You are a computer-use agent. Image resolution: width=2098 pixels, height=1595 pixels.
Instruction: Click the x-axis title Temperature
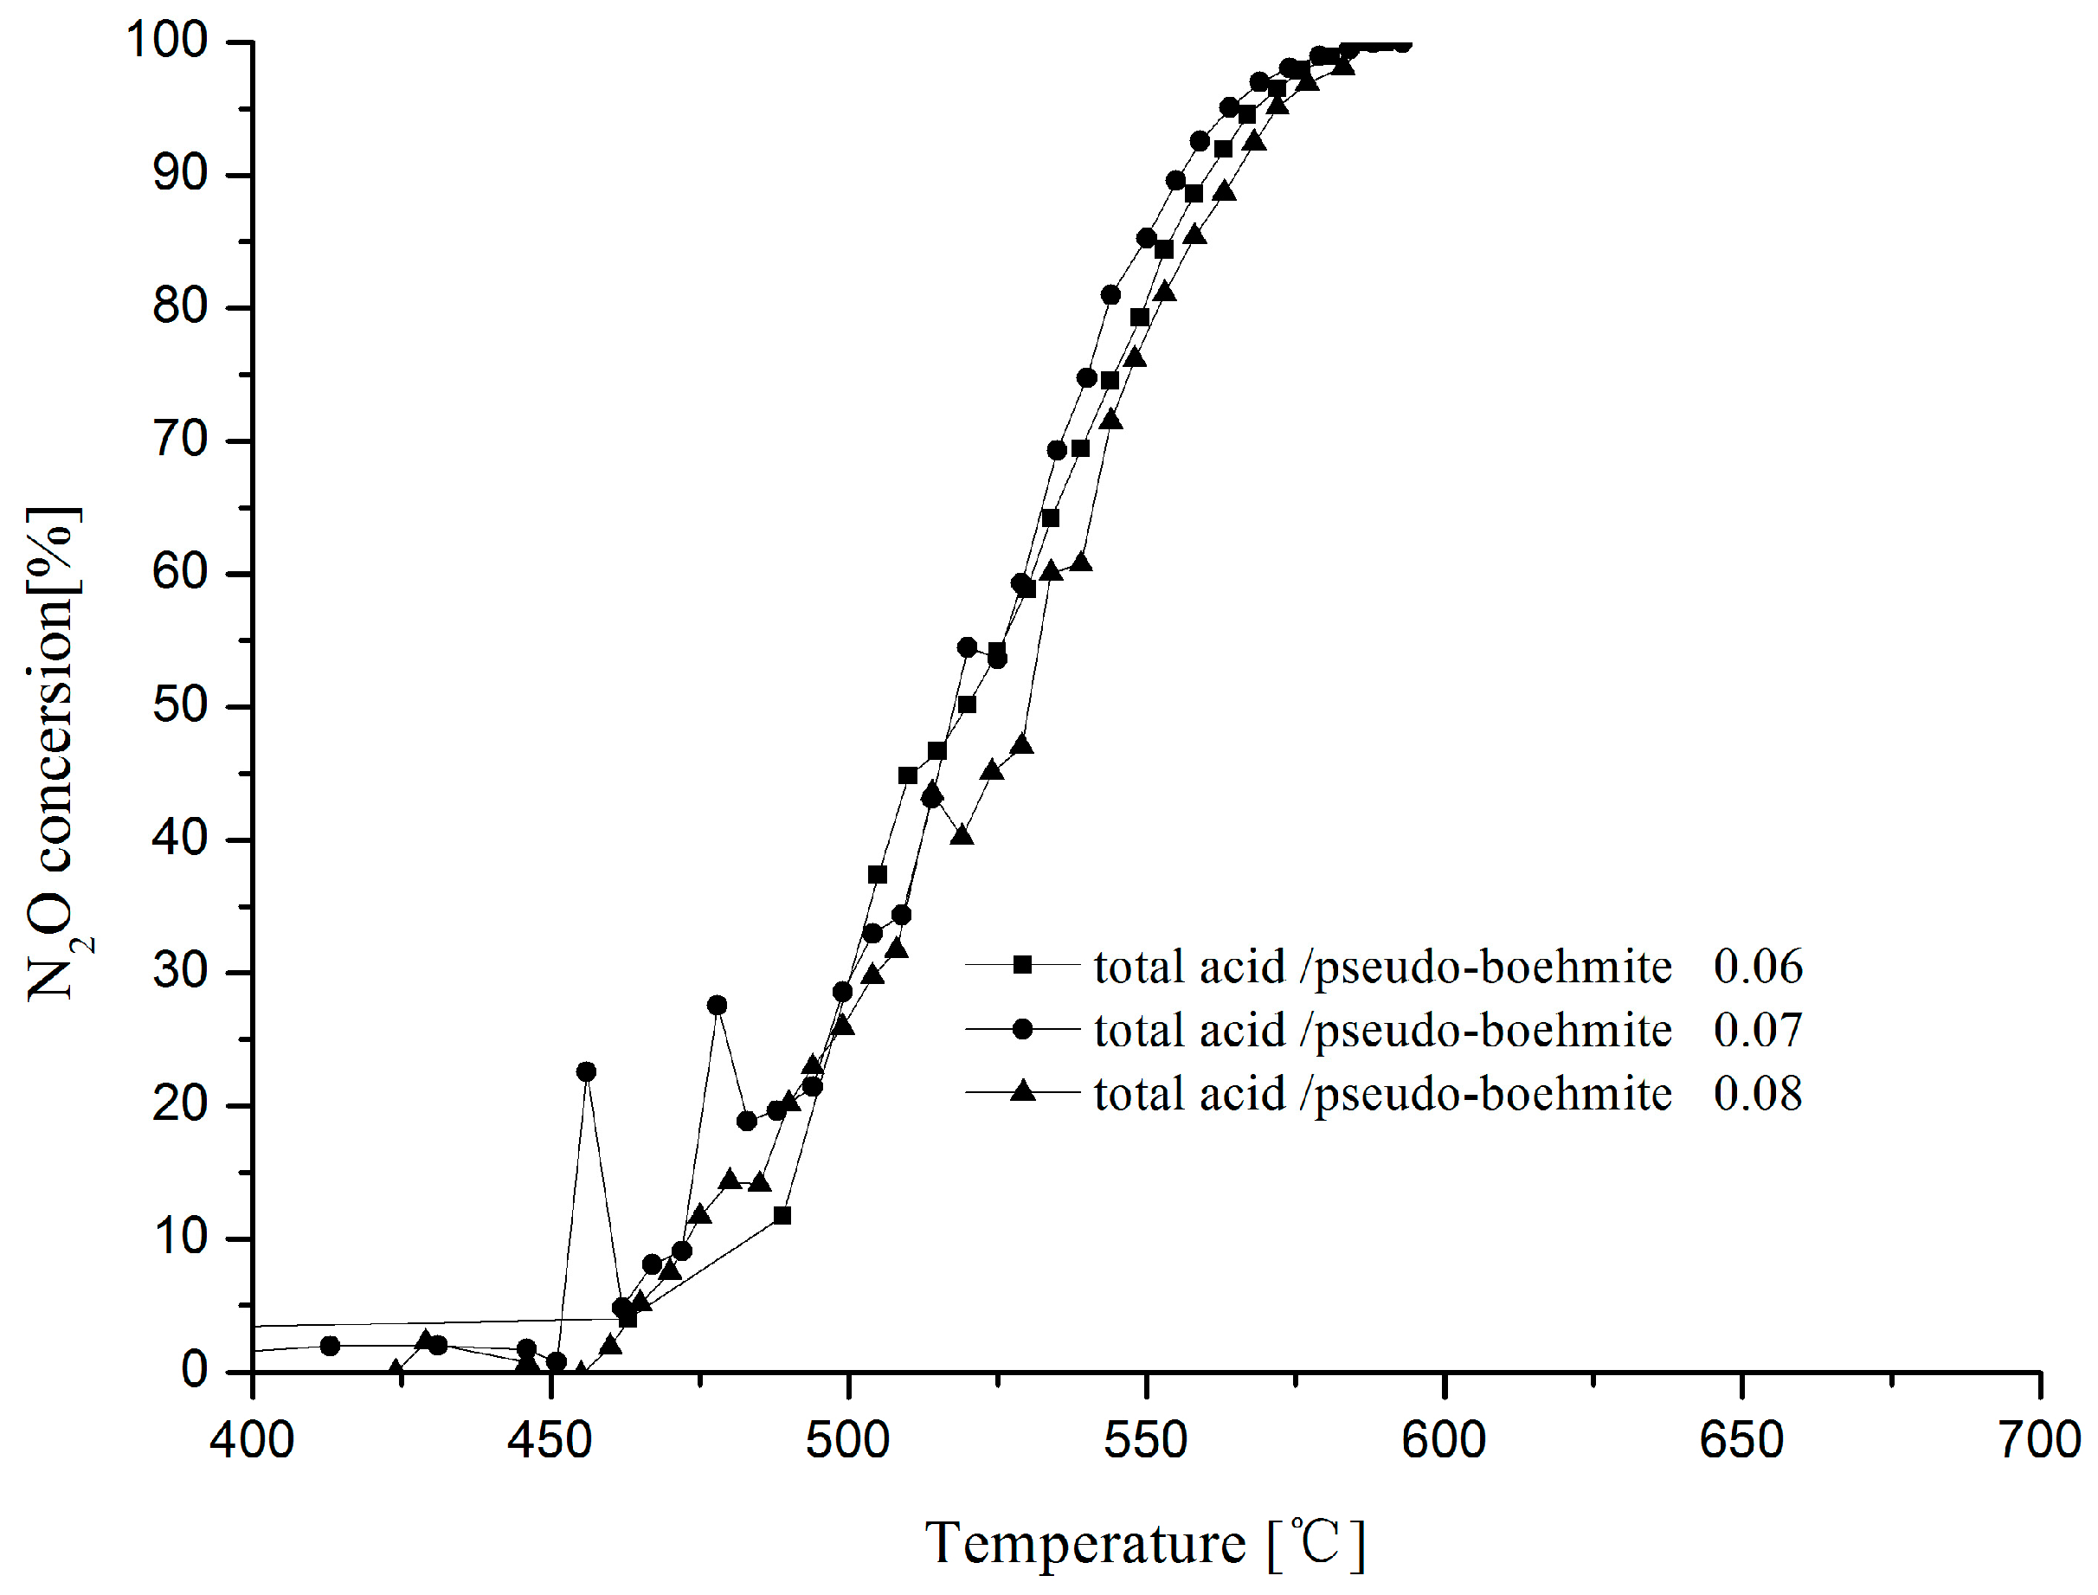pos(1085,1544)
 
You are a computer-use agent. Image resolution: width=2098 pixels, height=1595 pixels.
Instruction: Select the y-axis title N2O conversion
pos(52,755)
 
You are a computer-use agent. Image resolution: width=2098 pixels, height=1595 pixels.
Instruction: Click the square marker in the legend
pos(1022,965)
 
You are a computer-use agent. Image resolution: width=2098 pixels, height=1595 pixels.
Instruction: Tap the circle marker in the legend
pos(1022,1028)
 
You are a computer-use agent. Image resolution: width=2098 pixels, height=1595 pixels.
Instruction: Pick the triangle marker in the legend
pos(1022,1092)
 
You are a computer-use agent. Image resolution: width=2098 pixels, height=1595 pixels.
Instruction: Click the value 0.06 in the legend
pos(1757,967)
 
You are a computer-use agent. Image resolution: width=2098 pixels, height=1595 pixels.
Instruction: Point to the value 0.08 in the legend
pos(1757,1094)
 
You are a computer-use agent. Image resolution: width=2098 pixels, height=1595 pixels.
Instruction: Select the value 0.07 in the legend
pos(1757,1030)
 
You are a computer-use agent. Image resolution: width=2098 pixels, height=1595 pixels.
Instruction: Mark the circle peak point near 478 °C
pos(718,1006)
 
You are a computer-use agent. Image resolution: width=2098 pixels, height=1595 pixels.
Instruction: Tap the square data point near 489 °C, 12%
pos(782,1215)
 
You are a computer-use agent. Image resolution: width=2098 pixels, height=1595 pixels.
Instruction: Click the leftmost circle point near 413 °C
pos(331,1345)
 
